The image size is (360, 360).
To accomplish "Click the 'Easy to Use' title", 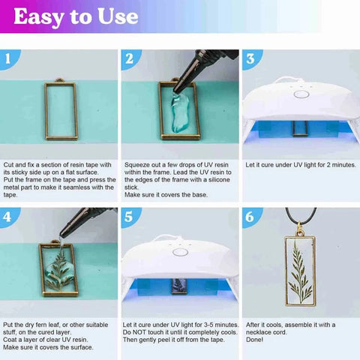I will click(x=76, y=16).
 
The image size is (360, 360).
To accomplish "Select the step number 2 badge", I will click(x=129, y=58).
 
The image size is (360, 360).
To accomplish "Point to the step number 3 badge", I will click(x=250, y=58).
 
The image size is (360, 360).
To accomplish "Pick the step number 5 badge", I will click(x=129, y=217).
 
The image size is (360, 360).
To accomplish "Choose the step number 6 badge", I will click(x=250, y=217).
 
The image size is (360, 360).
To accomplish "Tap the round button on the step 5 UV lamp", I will click(x=179, y=252).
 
